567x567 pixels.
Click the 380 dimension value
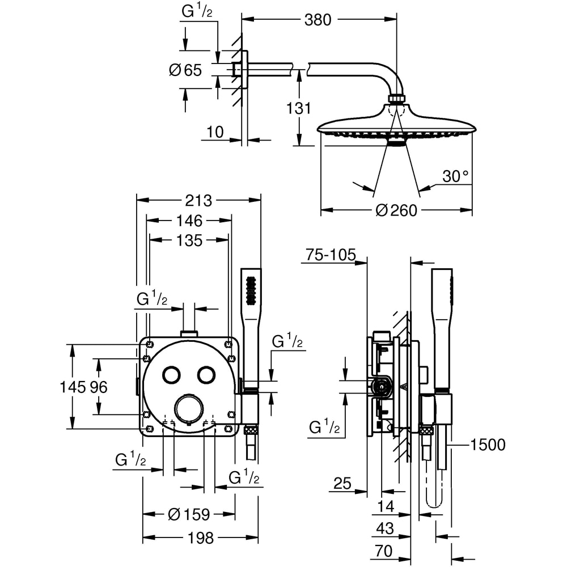(x=318, y=20)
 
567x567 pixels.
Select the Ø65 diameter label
(x=185, y=70)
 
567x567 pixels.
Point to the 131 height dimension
(x=299, y=108)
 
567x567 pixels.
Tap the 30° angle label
(x=456, y=176)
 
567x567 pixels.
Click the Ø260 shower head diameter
(x=396, y=210)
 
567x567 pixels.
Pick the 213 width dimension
(x=198, y=200)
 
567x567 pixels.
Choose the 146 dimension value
(x=189, y=221)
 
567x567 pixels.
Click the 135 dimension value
(x=189, y=240)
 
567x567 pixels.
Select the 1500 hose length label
(x=488, y=445)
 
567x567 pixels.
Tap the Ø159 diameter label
(x=189, y=514)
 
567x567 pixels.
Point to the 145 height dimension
(x=72, y=387)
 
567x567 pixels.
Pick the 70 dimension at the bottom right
(x=384, y=551)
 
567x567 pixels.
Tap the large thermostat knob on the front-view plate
(x=188, y=409)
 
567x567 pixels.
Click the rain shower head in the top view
(x=396, y=125)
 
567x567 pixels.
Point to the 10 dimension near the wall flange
(x=215, y=132)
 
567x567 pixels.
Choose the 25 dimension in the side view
(x=342, y=484)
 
